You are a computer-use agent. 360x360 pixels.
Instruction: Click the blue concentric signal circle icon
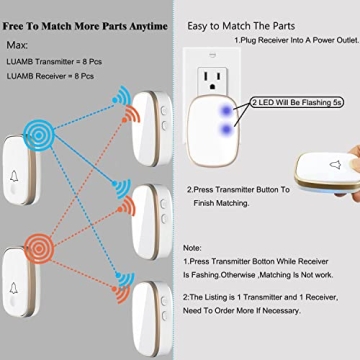(x=39, y=135)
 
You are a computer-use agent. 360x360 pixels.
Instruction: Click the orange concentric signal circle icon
(x=39, y=248)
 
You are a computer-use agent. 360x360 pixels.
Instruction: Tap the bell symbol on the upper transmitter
(x=14, y=176)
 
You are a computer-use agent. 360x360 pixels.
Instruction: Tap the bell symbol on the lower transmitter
(x=13, y=288)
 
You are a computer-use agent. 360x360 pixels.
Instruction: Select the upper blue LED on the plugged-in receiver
(x=227, y=110)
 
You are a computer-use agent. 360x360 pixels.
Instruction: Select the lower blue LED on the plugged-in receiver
(x=227, y=128)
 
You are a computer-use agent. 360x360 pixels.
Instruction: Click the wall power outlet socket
(x=212, y=79)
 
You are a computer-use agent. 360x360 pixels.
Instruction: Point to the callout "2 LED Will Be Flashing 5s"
(x=297, y=102)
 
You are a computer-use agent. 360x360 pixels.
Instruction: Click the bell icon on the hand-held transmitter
(x=335, y=165)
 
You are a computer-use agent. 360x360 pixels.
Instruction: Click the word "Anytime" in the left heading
(x=148, y=26)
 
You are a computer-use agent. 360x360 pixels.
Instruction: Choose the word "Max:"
(x=17, y=45)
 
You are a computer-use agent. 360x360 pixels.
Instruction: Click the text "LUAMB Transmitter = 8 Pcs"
(x=54, y=62)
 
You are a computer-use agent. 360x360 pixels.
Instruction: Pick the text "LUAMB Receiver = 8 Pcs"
(x=50, y=76)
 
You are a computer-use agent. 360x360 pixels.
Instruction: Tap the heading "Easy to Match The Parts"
(x=241, y=26)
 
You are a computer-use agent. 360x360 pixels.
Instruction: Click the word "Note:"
(x=192, y=248)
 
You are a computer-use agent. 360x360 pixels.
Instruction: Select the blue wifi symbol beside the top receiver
(x=121, y=96)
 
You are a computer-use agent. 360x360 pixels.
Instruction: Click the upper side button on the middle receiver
(x=163, y=204)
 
